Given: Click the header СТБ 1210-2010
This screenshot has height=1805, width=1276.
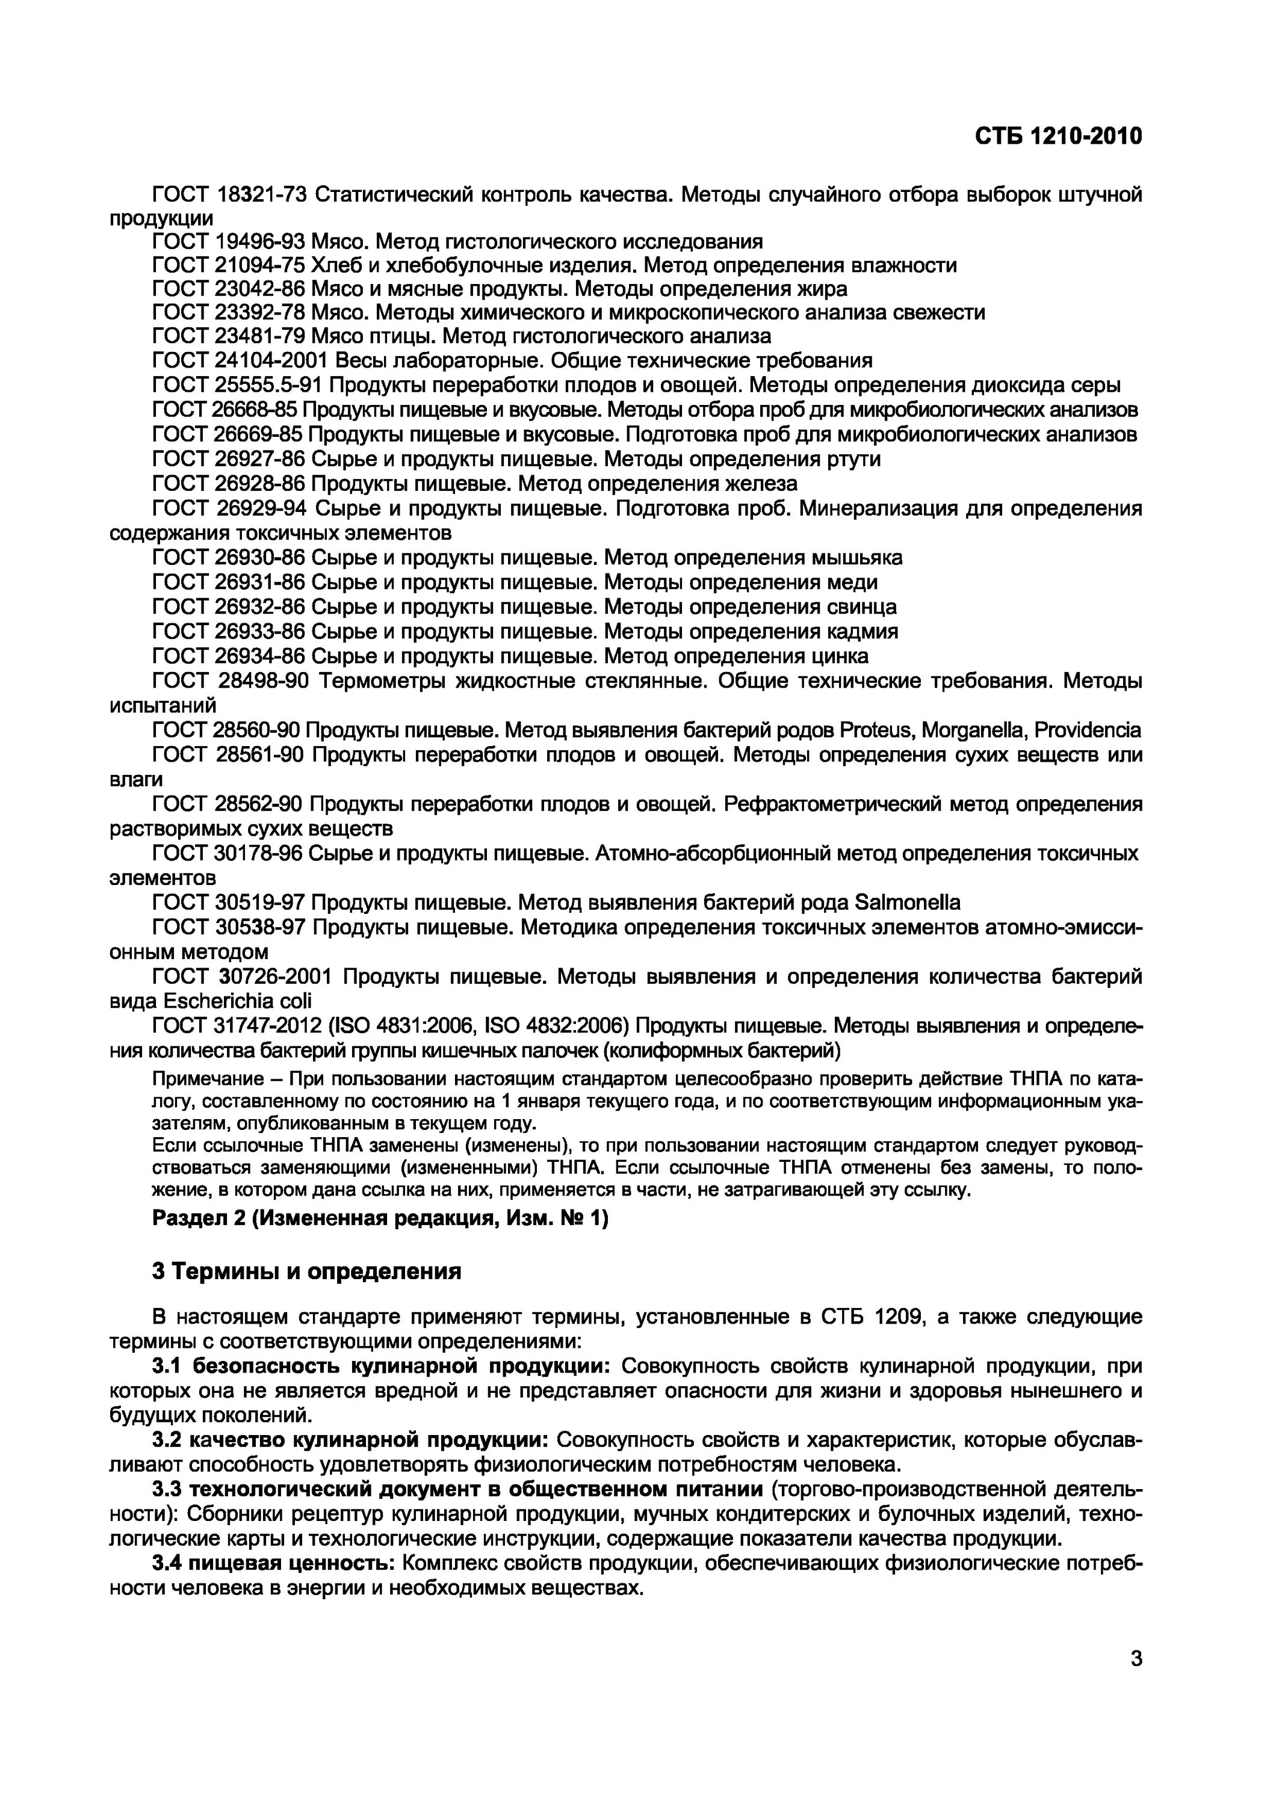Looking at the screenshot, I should (1058, 137).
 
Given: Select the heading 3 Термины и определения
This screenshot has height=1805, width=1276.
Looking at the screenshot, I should (306, 1271).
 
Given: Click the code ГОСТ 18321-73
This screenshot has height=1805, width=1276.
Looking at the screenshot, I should (228, 194).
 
